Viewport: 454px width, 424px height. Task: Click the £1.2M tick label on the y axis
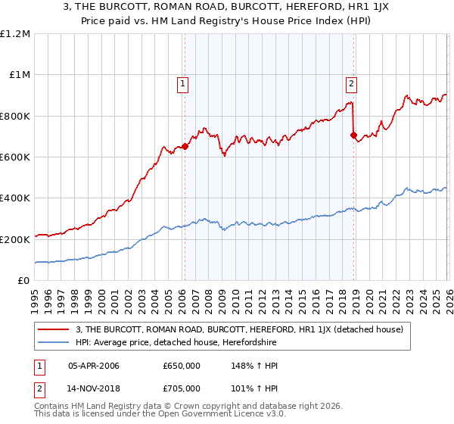pos(14,34)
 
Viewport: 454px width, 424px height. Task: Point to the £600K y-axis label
pos(14,157)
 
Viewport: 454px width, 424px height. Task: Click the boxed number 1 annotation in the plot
pos(184,84)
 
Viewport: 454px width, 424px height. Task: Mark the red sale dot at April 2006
pos(185,147)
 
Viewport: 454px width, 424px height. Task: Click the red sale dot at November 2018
pos(353,136)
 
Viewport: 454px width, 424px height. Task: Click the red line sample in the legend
pos(54,329)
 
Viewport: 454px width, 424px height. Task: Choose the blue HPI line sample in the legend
pos(54,343)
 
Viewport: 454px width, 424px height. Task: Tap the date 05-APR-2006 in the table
pos(93,366)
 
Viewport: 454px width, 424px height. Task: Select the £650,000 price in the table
pos(182,366)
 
